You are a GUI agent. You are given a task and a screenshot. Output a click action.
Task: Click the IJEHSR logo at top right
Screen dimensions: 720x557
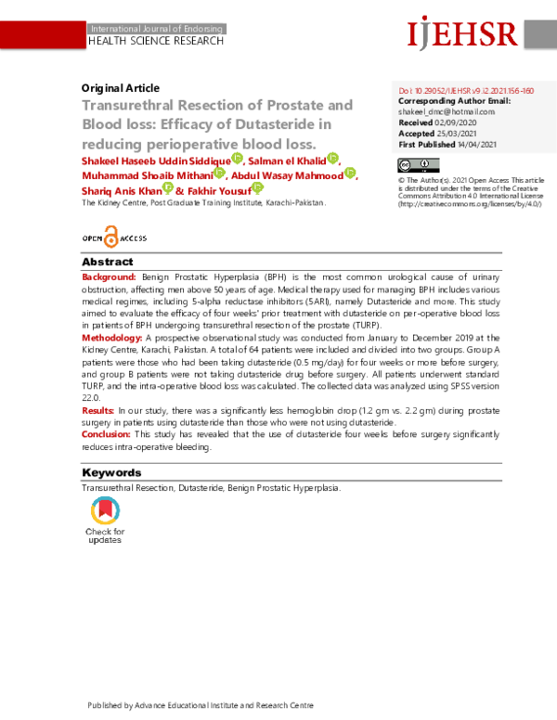(x=461, y=33)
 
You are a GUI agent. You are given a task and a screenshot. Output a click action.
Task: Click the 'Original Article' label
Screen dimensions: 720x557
(x=121, y=88)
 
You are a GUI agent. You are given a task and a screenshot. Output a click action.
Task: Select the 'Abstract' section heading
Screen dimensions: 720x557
(x=108, y=263)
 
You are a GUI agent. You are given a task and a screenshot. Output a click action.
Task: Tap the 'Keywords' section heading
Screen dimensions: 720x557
(x=111, y=472)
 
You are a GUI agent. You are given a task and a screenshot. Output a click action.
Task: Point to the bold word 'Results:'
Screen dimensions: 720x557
(x=98, y=409)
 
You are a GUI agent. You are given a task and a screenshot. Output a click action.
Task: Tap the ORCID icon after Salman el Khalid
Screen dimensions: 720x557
(x=333, y=159)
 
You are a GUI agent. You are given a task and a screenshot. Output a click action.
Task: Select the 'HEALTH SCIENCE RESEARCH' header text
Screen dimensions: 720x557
(x=156, y=42)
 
